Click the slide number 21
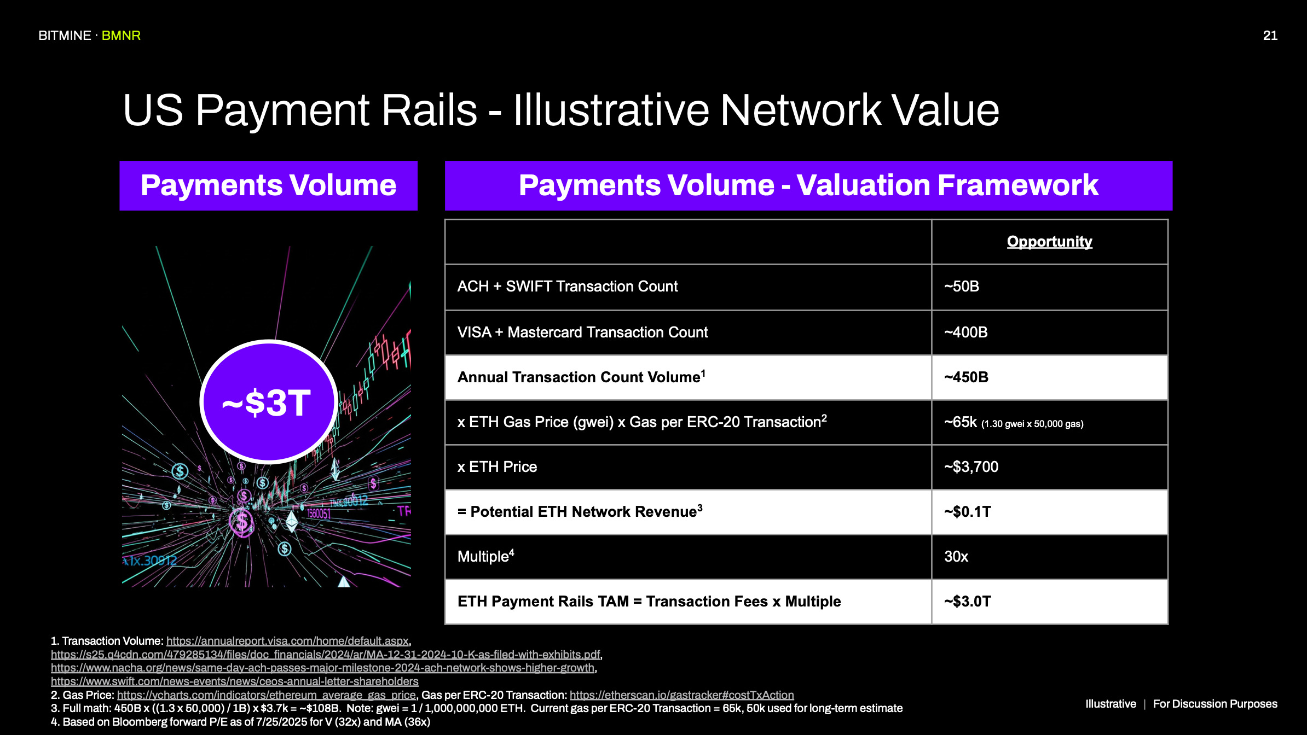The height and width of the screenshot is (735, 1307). [1270, 36]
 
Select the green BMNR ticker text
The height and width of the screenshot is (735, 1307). [121, 36]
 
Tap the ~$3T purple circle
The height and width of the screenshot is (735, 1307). [268, 402]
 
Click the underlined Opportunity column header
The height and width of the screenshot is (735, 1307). [1049, 242]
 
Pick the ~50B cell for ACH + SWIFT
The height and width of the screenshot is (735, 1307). [962, 287]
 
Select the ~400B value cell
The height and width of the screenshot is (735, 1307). [966, 332]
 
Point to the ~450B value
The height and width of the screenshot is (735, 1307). [967, 377]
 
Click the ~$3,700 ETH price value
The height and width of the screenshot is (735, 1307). [971, 467]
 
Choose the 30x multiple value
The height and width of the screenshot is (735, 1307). [956, 557]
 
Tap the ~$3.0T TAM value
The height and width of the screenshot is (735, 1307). [968, 602]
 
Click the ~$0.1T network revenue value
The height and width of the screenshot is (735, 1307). [968, 512]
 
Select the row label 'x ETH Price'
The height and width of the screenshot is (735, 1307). [497, 467]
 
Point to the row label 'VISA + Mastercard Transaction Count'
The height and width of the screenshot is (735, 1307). [582, 332]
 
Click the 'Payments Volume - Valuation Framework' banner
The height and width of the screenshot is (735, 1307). [808, 185]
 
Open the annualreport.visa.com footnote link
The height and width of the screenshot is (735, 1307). [287, 641]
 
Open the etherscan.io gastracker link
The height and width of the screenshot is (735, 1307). [681, 695]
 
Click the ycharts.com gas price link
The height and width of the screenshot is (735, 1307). [266, 695]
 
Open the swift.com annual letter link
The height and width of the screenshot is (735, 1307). [234, 681]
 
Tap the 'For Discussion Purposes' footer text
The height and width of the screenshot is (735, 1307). [1215, 704]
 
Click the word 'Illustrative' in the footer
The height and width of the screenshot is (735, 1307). [1111, 704]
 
